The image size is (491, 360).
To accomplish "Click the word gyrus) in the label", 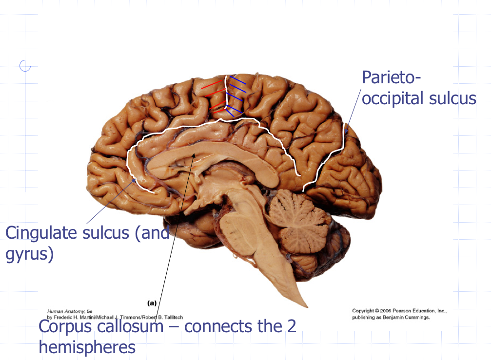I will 29,253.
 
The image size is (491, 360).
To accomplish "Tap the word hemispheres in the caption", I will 87,347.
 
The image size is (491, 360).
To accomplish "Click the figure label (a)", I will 152,303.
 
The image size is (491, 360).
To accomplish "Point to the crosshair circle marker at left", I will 25,66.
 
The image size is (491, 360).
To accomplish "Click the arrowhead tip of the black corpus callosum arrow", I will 196,153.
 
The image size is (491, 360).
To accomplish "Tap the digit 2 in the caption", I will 291,326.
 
